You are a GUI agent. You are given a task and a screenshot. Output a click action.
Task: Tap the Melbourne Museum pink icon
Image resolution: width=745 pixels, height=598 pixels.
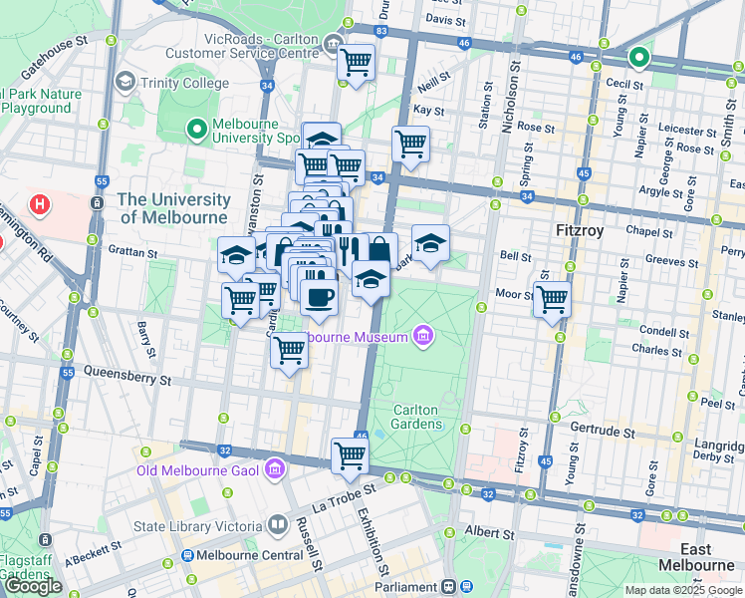click(x=424, y=336)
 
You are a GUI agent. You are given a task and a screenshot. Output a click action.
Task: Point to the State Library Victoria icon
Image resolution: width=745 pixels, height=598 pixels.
click(x=279, y=526)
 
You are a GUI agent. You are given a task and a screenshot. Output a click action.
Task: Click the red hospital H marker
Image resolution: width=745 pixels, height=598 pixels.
click(x=40, y=206)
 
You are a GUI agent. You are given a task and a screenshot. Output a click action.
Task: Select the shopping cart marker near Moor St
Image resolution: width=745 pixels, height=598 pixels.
click(x=551, y=297)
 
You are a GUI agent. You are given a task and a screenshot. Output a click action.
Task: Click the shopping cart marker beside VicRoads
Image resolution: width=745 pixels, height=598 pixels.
click(x=356, y=62)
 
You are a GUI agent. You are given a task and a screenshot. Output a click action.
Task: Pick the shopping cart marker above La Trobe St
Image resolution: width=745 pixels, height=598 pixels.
click(x=350, y=454)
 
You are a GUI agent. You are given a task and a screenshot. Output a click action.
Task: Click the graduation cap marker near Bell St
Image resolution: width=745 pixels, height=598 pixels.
click(x=430, y=243)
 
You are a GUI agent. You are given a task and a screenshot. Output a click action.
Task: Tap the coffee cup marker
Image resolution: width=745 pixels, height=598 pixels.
click(x=318, y=296)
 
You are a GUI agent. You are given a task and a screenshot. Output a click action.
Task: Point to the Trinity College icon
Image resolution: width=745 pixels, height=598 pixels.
click(x=125, y=80)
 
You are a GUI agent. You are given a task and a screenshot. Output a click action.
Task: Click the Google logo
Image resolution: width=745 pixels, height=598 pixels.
click(x=34, y=586)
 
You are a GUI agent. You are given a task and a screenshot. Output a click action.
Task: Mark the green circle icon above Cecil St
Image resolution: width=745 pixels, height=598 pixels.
click(x=637, y=58)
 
